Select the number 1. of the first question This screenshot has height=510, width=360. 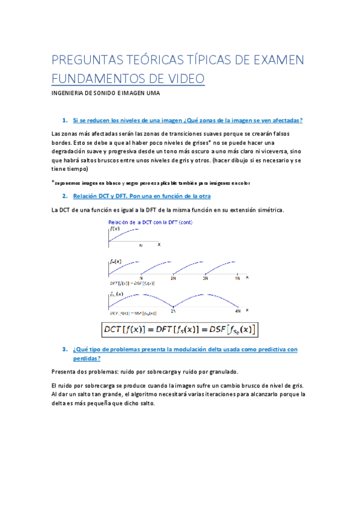tap(64, 120)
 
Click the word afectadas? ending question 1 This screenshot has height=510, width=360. tap(281, 120)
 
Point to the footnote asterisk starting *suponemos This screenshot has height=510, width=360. tap(53, 182)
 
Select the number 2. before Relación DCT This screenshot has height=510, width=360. tap(64, 196)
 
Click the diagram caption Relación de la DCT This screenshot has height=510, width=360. tap(142, 222)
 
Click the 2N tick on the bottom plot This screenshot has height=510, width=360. tap(173, 310)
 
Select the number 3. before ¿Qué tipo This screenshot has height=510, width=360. tap(64, 349)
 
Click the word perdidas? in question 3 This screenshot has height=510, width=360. tap(86, 357)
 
